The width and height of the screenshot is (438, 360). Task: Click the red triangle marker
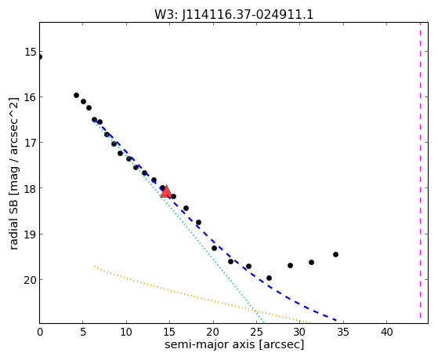coord(166,191)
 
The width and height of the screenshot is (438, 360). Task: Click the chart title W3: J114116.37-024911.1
coord(233,14)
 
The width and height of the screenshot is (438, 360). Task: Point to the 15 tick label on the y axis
coord(29,52)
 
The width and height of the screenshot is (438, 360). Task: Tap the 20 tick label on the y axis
coord(29,280)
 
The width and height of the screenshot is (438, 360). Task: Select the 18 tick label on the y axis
coord(29,188)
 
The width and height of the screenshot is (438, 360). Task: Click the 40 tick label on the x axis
coord(386,332)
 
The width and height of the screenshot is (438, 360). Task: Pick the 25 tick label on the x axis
coord(256,332)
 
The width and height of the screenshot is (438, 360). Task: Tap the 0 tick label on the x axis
coord(40,332)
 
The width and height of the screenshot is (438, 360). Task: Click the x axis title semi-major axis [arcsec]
coord(234,344)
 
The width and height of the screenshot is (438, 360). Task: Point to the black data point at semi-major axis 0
coord(40,57)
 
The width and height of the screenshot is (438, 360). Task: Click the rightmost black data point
coord(335,255)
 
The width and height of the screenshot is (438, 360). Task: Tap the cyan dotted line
coord(179,221)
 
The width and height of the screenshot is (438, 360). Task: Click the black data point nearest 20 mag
coord(269,278)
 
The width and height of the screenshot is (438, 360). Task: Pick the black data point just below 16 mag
coord(76,96)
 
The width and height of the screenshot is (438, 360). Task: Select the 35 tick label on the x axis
coord(343,332)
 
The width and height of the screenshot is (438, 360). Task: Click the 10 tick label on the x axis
coord(126,332)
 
